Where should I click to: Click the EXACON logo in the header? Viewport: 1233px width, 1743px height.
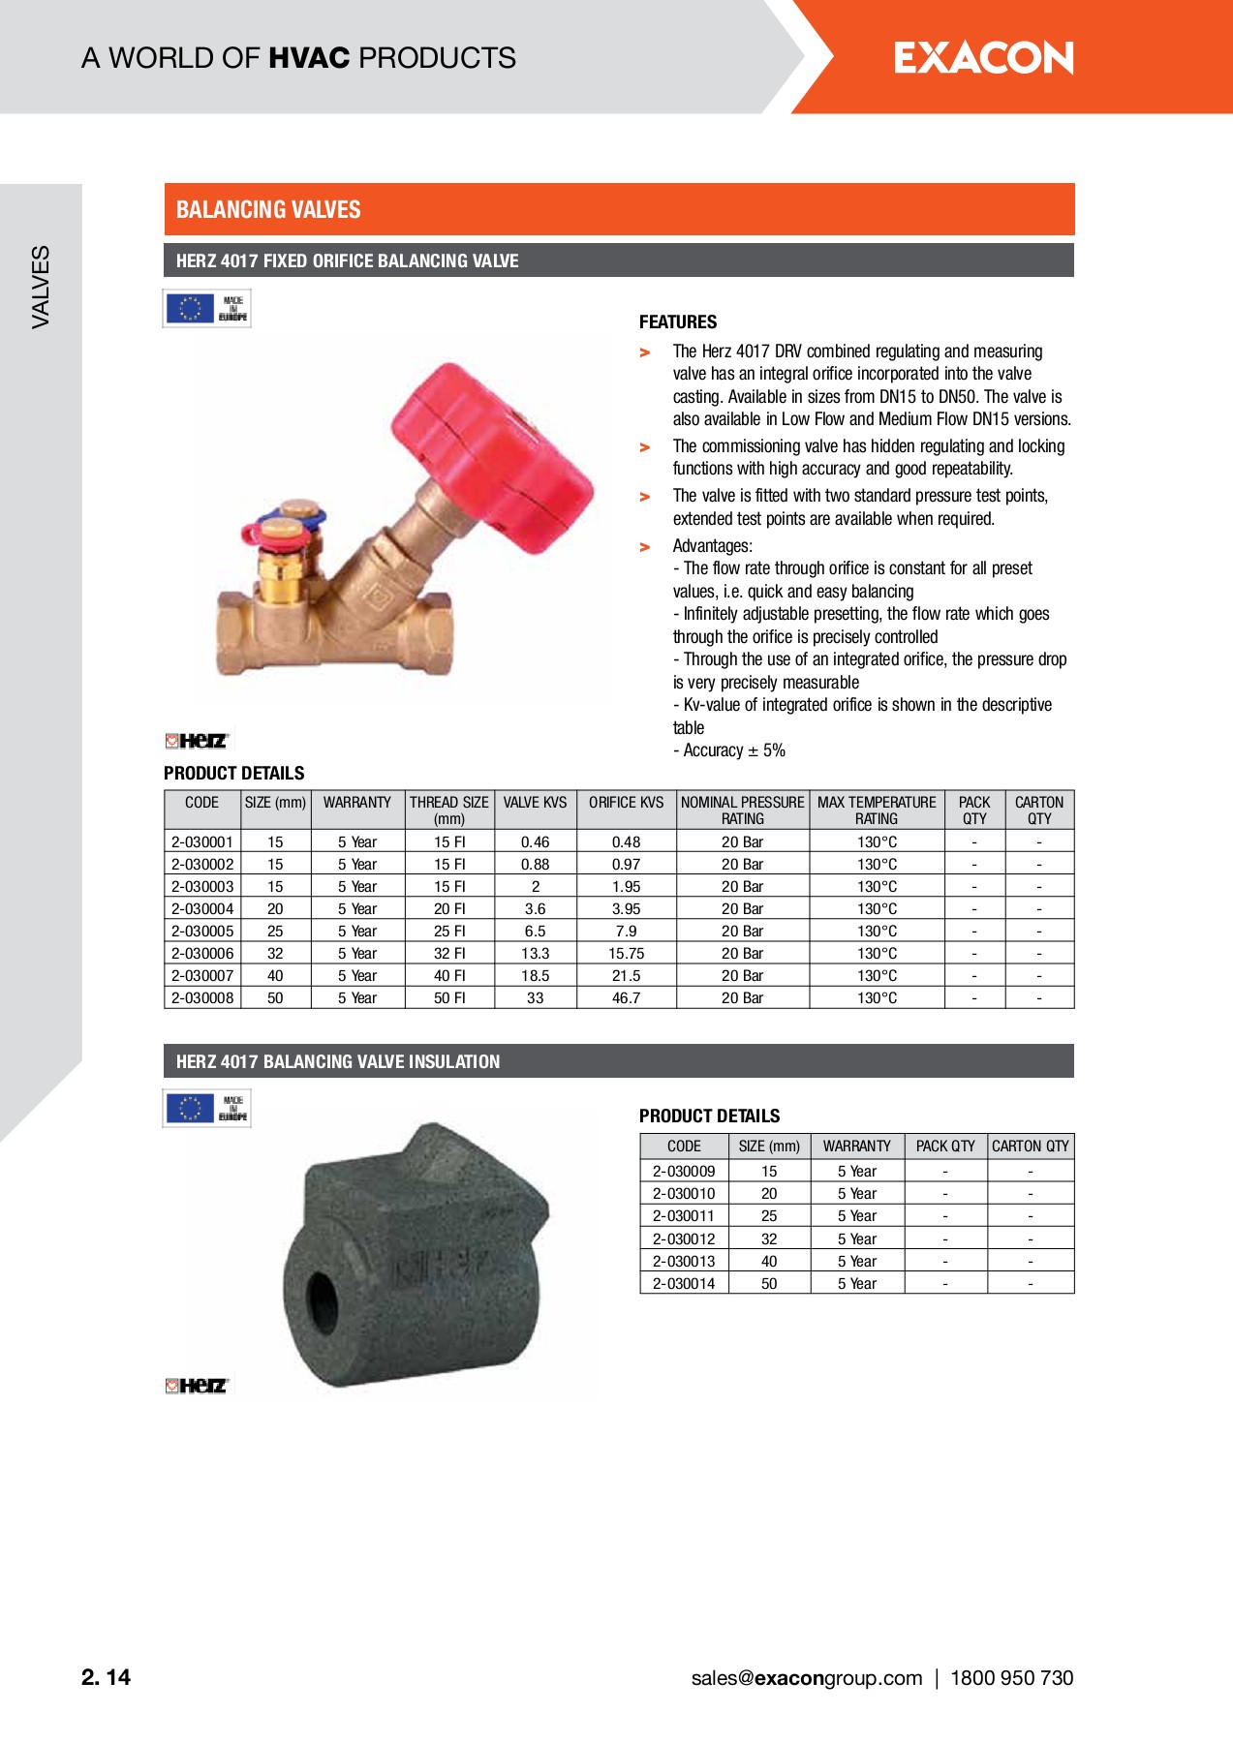(983, 58)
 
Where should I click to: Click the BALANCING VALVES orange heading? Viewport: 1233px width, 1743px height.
(268, 210)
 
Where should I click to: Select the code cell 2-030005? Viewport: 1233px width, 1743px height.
(202, 932)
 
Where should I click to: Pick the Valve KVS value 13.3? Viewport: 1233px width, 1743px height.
(535, 954)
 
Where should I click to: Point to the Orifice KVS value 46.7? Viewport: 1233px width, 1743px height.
(626, 998)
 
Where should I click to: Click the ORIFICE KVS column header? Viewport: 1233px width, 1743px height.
(626, 803)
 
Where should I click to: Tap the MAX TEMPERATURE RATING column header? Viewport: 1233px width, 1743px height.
(877, 810)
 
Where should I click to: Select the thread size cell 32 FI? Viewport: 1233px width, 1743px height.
(449, 954)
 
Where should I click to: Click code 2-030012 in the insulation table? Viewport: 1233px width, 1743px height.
(684, 1239)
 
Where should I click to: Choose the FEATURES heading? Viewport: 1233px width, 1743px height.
(678, 322)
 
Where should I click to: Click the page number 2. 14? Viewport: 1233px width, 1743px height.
(106, 1678)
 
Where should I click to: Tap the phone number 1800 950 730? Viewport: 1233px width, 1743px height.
(1011, 1678)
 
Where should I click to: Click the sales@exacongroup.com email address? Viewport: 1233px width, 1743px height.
(806, 1678)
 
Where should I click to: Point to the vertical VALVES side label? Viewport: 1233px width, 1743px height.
(41, 287)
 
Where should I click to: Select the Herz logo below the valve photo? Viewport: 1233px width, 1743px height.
(197, 741)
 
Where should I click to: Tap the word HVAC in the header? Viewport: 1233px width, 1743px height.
(309, 58)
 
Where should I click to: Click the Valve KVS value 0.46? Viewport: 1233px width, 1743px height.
(535, 842)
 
